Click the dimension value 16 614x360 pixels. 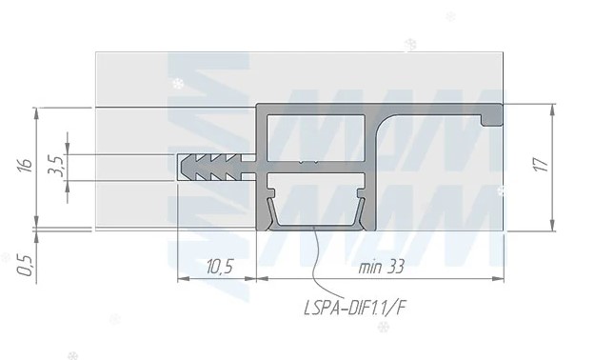point(26,165)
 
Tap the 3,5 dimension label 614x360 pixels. point(55,167)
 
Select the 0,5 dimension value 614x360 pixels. point(26,265)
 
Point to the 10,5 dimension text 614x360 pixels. point(220,268)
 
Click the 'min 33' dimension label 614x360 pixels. point(382,268)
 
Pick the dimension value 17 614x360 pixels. point(542,165)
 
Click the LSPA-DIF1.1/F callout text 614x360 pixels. point(354,308)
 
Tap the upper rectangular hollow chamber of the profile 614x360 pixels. point(316,137)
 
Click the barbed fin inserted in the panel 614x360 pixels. point(216,168)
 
